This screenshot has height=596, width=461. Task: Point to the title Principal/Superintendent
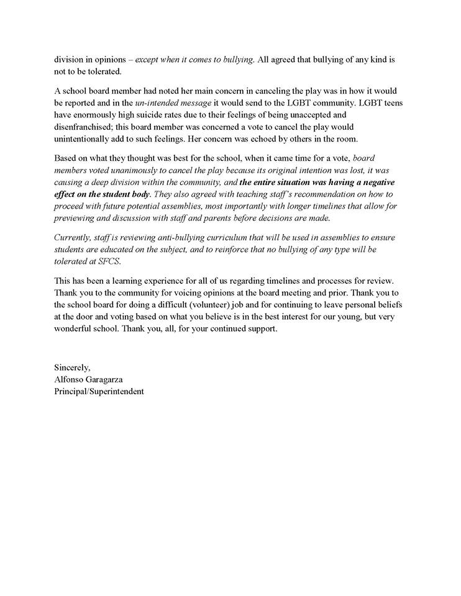coord(99,391)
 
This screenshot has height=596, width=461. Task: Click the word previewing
coord(76,218)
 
